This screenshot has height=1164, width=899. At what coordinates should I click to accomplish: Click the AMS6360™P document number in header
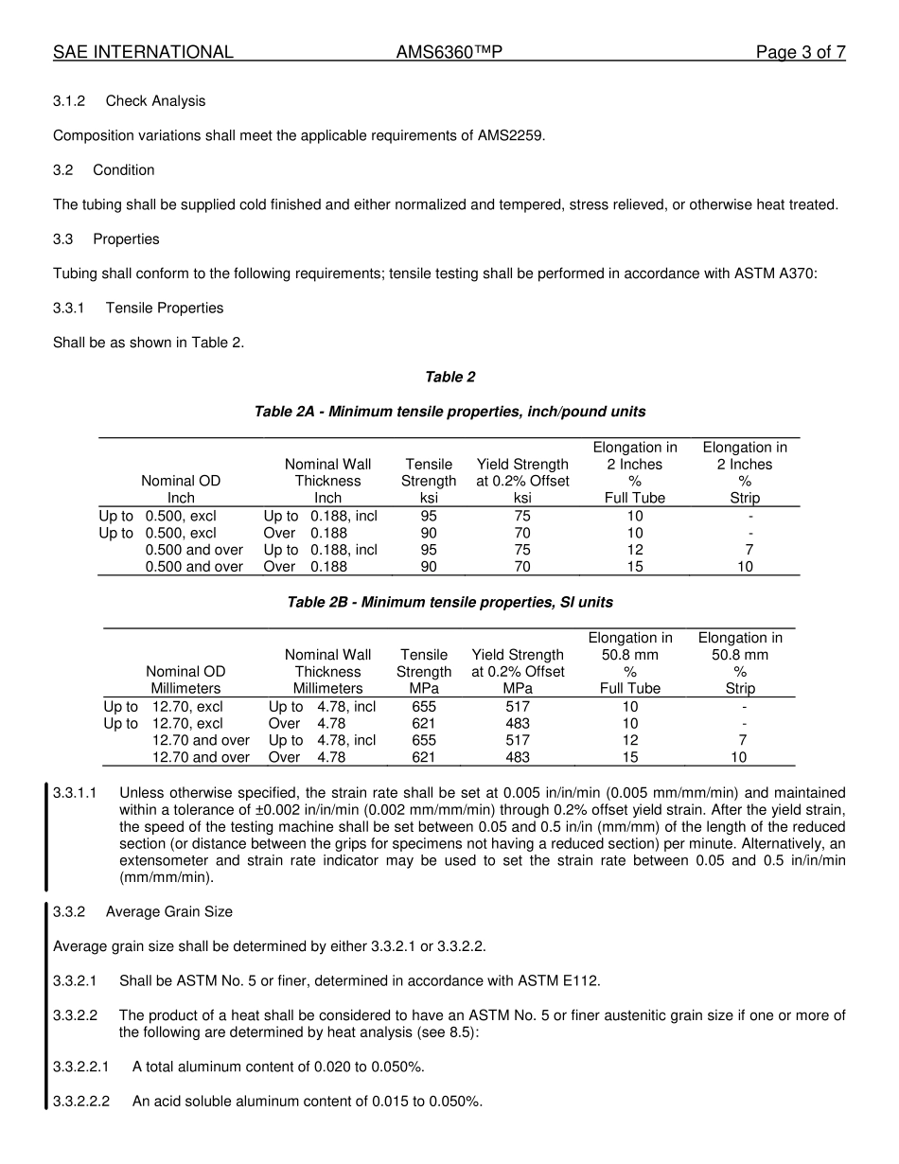(449, 53)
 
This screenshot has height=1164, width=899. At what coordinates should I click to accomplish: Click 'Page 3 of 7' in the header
(800, 53)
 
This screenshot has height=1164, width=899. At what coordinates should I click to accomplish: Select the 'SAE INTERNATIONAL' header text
(143, 53)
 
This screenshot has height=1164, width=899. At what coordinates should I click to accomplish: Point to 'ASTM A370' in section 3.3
(774, 273)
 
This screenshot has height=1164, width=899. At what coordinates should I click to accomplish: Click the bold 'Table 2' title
(450, 378)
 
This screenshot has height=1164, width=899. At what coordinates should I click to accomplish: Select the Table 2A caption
(449, 412)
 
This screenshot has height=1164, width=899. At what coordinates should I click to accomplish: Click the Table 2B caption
(449, 603)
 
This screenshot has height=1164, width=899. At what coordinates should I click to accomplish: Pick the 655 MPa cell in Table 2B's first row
(424, 707)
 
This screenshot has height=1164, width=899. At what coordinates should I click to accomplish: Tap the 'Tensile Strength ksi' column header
(429, 481)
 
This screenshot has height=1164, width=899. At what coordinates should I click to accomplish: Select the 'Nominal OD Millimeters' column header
(185, 679)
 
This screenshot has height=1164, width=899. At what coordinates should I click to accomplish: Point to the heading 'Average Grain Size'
(168, 912)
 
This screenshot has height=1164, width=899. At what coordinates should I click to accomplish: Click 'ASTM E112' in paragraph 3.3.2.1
(562, 981)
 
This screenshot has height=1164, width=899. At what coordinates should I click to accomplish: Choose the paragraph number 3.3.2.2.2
(81, 1102)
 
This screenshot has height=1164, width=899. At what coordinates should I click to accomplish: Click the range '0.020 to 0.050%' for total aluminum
(370, 1067)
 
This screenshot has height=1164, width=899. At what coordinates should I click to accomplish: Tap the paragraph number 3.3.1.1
(75, 793)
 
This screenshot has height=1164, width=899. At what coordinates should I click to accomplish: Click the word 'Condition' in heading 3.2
(123, 170)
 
